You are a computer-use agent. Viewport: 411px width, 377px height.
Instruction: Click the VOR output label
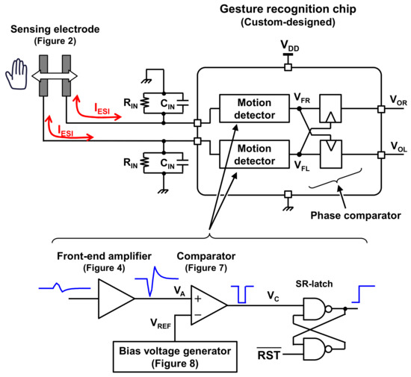coord(392,98)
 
